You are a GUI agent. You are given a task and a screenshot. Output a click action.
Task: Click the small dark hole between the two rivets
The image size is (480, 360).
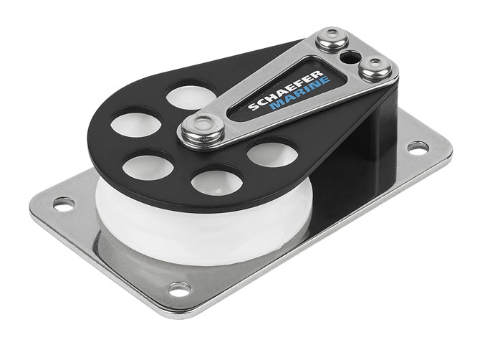click(x=351, y=54)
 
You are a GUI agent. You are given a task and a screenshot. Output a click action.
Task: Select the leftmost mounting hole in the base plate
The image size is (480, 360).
click(x=64, y=204)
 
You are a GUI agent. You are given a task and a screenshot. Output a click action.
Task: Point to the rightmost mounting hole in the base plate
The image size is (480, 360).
click(x=417, y=147)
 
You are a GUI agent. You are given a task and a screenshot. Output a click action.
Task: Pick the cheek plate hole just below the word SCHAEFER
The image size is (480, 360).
click(x=272, y=153)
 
